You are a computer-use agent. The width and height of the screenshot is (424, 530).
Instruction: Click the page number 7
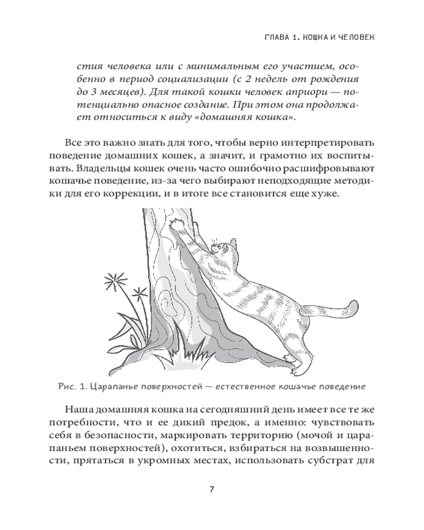[x=211, y=489]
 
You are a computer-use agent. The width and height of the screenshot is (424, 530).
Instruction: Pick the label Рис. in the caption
[x=68, y=386]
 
